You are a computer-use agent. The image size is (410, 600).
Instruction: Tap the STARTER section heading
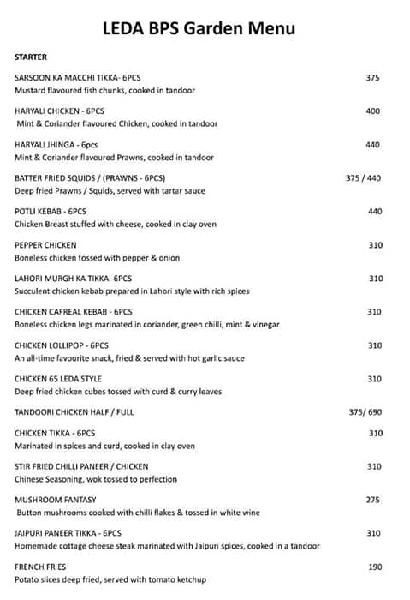[x=31, y=57]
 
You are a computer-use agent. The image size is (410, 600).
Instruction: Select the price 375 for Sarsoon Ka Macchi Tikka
[x=372, y=78]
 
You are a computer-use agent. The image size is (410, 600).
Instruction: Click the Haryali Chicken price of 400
[x=372, y=111]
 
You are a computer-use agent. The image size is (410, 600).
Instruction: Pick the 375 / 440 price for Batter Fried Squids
[x=365, y=178]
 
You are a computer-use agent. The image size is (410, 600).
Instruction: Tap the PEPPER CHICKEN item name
[x=45, y=245]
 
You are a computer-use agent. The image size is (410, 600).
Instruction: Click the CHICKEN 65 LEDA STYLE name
[x=58, y=379]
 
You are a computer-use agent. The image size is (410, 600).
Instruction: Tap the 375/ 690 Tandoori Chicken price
[x=365, y=412]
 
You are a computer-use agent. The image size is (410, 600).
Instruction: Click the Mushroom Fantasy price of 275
[x=372, y=500]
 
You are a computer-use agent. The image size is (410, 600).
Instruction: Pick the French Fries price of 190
[x=375, y=567]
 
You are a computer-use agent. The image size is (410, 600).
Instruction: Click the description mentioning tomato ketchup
[x=110, y=579]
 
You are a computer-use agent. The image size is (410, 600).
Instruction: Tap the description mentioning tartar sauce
[x=112, y=191]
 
